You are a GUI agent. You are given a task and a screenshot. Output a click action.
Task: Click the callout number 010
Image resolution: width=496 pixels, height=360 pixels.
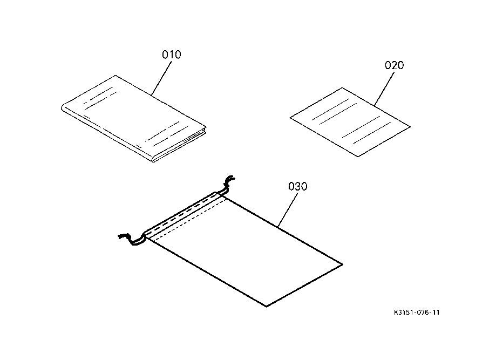[x=172, y=55]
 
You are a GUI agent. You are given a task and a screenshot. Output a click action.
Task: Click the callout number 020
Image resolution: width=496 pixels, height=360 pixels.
[x=394, y=65]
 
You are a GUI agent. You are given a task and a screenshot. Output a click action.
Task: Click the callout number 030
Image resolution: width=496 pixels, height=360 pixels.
[x=298, y=186]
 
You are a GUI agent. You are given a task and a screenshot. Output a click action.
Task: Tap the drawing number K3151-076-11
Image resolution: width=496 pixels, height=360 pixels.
[x=417, y=313]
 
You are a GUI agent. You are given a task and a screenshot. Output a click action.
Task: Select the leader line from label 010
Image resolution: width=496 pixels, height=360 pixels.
[x=161, y=78]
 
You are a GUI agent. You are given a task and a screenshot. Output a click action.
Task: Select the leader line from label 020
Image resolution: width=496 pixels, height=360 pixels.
[x=384, y=89]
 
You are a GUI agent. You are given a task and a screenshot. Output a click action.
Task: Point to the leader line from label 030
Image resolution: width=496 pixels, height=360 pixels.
[x=288, y=210]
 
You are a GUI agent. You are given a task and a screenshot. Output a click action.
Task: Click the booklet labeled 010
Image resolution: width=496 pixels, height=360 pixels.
[x=134, y=118]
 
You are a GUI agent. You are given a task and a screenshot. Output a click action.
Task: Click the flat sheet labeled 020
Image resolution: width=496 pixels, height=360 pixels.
[x=350, y=122]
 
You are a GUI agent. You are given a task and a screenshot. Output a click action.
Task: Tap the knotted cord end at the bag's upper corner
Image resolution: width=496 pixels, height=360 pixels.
[x=229, y=183]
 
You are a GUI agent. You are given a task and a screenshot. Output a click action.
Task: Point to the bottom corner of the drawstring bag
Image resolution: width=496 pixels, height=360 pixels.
[x=266, y=306]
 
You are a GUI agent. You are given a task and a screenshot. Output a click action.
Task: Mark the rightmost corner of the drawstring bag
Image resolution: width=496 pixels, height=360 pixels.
[x=342, y=264]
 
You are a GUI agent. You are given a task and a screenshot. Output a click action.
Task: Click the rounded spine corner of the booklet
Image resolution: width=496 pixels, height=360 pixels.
[x=63, y=107]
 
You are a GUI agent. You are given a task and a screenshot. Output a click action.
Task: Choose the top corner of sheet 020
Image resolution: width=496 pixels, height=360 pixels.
[x=342, y=88]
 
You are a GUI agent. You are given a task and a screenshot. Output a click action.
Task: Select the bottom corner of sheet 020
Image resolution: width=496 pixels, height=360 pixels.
[x=358, y=157]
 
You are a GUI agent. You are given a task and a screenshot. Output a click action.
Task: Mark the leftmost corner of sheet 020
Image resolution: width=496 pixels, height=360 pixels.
[x=290, y=118]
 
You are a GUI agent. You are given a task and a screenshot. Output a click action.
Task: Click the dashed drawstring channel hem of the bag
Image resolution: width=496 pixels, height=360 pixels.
[x=184, y=215]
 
